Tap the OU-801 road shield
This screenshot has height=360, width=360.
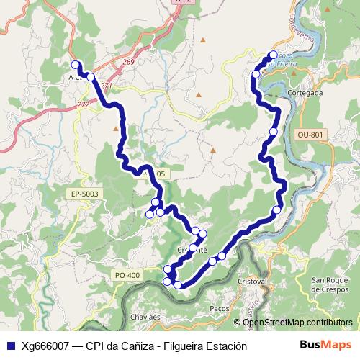310,134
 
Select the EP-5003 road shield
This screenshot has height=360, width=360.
84,194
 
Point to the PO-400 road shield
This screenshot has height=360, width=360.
126,274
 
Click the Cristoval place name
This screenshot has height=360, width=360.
252,282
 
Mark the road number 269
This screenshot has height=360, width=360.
129,63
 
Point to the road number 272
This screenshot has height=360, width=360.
83,105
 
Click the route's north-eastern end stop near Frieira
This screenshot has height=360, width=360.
273,55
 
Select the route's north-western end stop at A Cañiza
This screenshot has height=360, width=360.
76,65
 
